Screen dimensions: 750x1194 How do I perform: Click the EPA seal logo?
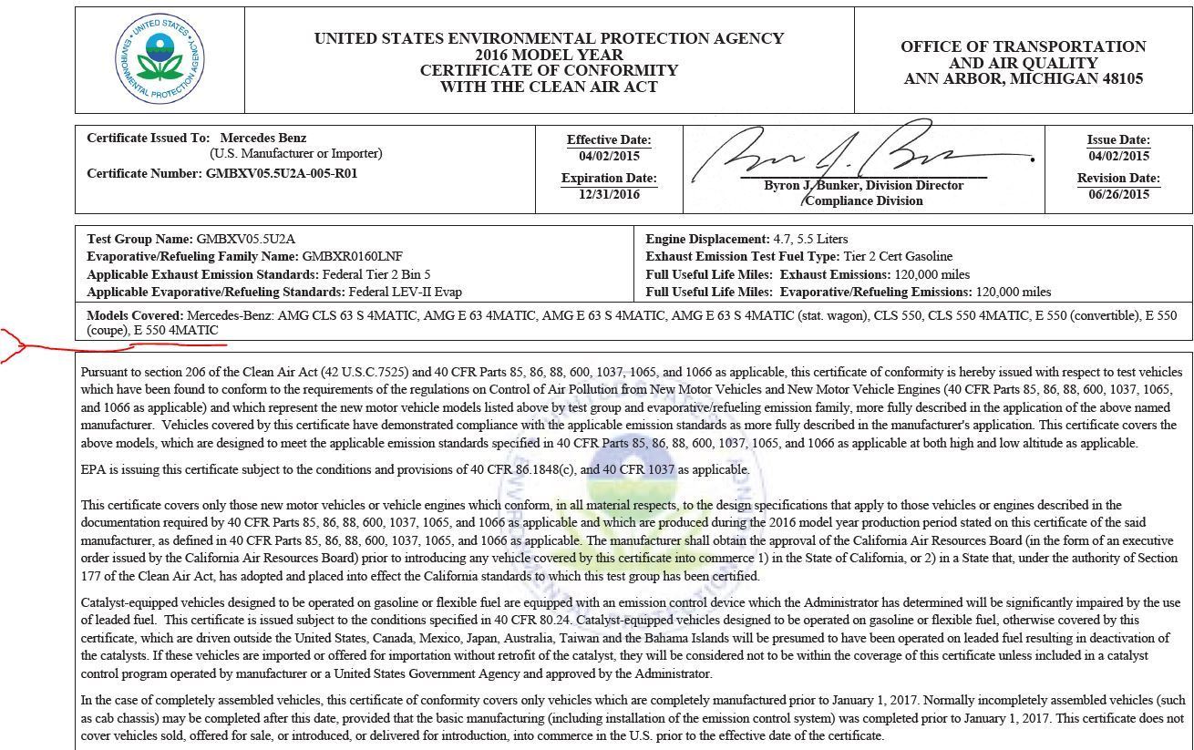[160, 58]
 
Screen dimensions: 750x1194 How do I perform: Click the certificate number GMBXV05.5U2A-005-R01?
[282, 173]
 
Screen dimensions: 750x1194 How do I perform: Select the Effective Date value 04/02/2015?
[609, 156]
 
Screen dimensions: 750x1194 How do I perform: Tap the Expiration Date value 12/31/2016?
[609, 194]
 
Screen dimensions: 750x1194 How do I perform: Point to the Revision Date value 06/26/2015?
[1118, 194]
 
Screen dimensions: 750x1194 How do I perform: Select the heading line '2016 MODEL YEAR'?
[549, 55]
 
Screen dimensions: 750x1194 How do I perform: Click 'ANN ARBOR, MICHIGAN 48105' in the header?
[1023, 79]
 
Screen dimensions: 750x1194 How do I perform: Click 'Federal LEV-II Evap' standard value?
[405, 293]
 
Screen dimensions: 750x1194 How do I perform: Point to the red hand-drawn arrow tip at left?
[4, 341]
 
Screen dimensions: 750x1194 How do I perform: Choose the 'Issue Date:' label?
[1118, 140]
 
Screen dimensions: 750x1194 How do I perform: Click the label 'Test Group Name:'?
[140, 239]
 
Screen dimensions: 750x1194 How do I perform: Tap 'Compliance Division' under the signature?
[863, 201]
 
